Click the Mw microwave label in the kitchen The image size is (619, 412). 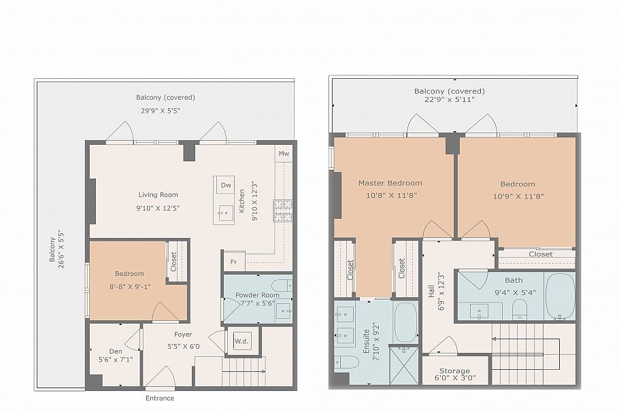coord(283,154)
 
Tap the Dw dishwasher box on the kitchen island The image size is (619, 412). coord(225,185)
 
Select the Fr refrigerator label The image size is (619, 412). coord(233,262)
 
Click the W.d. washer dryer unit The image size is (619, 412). coord(241,341)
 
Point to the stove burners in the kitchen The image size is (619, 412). coord(282,210)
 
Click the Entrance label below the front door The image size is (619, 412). coord(160,398)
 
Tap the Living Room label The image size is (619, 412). coord(158,195)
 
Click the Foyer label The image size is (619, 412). coord(182,334)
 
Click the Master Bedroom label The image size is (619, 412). coord(390,183)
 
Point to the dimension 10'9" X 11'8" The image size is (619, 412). coord(517,196)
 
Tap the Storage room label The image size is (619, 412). coord(454,371)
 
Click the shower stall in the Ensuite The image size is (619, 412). coord(404,366)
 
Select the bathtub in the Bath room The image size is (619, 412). coord(560,296)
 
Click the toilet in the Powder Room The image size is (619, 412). coord(281,285)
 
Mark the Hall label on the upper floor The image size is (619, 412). coord(431,292)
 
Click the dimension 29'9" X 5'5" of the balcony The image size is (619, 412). coord(160,109)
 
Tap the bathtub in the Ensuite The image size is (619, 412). coord(405,322)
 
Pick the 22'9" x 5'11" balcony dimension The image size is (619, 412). coord(450,100)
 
